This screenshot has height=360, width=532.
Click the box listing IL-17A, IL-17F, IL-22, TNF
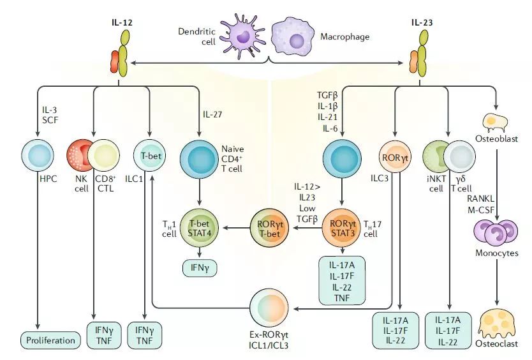(x=343, y=281)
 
